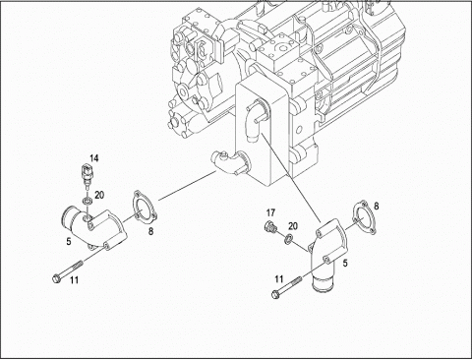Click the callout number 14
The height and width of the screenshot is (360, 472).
tap(94, 158)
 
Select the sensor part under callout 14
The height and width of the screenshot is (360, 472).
tap(87, 176)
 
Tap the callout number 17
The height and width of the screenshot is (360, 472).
tap(270, 213)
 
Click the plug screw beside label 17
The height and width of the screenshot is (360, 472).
tap(269, 226)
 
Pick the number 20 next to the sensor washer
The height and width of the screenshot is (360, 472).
tap(99, 196)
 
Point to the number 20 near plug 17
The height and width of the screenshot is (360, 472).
tap(293, 226)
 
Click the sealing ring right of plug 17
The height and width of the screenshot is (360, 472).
tap(288, 239)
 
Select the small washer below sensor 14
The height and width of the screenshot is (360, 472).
tap(87, 202)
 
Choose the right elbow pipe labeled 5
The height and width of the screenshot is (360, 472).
tap(326, 253)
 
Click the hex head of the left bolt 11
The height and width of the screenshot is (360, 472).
tap(56, 279)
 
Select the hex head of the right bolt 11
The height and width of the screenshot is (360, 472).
tap(276, 294)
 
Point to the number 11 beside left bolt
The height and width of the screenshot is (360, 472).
tap(75, 280)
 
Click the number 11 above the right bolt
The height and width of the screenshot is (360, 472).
tap(279, 279)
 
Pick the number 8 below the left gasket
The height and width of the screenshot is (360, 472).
tap(150, 231)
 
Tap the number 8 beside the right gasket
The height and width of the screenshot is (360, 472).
tap(377, 207)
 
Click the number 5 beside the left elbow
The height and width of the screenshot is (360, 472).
tap(69, 242)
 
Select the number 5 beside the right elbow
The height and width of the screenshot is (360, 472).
tap(345, 264)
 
